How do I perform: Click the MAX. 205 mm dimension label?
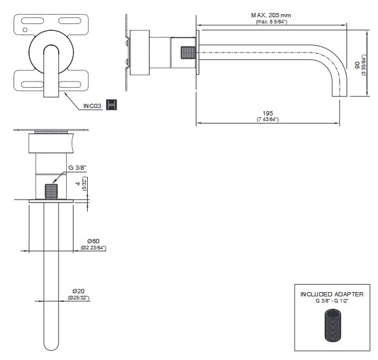point(271,15)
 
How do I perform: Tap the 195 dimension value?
point(267,113)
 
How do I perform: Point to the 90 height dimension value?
point(358,65)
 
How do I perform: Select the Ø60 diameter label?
point(93,241)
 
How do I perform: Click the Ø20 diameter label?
point(79,291)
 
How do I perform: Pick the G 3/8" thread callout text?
point(77,167)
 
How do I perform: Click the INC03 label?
point(92,106)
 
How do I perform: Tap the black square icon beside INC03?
point(112,105)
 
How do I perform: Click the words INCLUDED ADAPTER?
point(332,294)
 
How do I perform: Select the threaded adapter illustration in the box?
point(332,326)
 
